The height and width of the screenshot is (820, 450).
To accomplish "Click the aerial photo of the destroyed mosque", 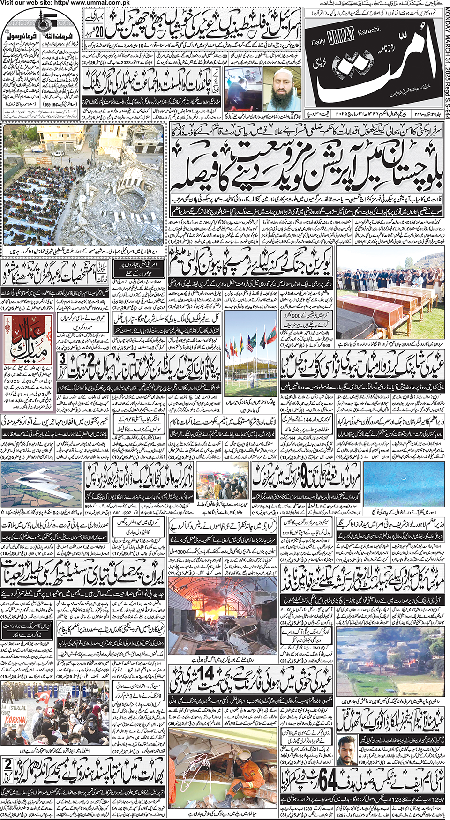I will (x=83, y=184).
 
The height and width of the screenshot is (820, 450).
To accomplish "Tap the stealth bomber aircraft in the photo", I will (x=40, y=483).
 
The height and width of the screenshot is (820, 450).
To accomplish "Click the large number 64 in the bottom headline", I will (x=327, y=780).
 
